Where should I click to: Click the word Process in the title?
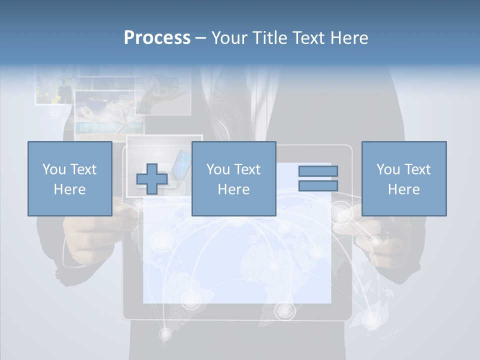tap(157, 38)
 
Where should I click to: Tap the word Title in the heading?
tap(270, 38)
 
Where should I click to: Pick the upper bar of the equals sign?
tap(318, 171)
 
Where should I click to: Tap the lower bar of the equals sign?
tap(318, 186)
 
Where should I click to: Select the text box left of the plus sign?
tap(69, 179)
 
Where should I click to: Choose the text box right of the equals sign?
tap(404, 179)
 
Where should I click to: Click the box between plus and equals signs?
tap(233, 179)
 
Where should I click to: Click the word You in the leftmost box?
tap(53, 169)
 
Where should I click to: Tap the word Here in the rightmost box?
tap(404, 189)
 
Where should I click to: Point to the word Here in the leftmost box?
tap(69, 189)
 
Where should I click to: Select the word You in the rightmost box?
tap(388, 169)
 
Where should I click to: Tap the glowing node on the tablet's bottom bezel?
tap(284, 311)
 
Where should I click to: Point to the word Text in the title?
tap(307, 38)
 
